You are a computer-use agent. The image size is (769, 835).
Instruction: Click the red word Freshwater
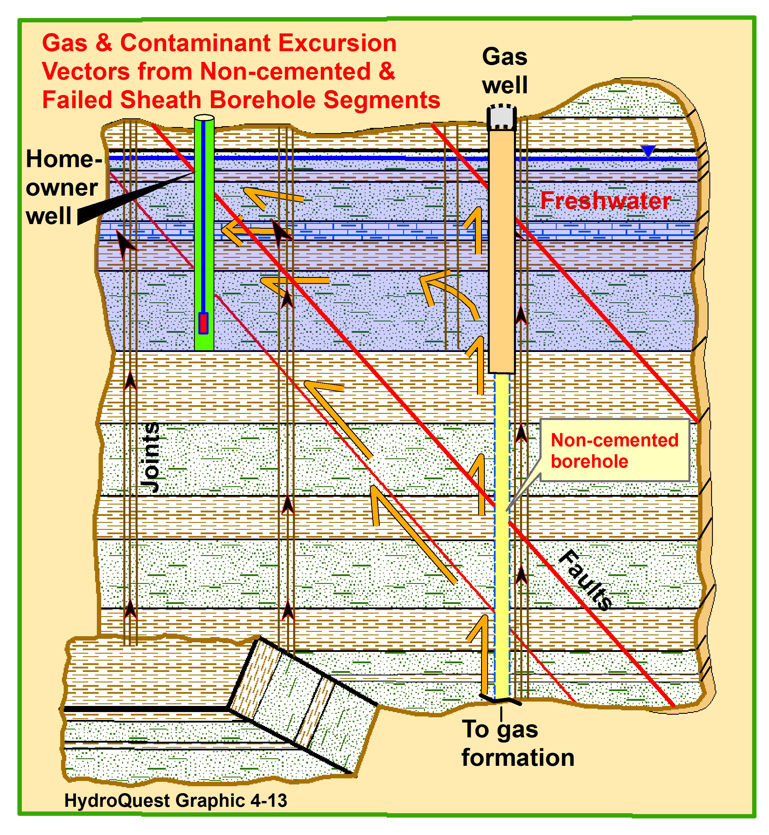click(606, 201)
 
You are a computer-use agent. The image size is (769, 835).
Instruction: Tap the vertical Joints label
click(150, 457)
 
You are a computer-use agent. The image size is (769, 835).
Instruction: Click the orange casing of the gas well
click(502, 252)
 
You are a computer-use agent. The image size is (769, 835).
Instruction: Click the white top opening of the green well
click(204, 118)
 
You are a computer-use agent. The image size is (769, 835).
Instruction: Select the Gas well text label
click(505, 71)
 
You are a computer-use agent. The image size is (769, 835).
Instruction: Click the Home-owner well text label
click(64, 187)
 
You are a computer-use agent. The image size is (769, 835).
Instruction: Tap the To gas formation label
click(518, 743)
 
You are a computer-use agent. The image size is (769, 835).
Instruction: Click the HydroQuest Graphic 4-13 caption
click(176, 800)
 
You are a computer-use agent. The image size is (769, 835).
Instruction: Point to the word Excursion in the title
click(337, 43)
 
